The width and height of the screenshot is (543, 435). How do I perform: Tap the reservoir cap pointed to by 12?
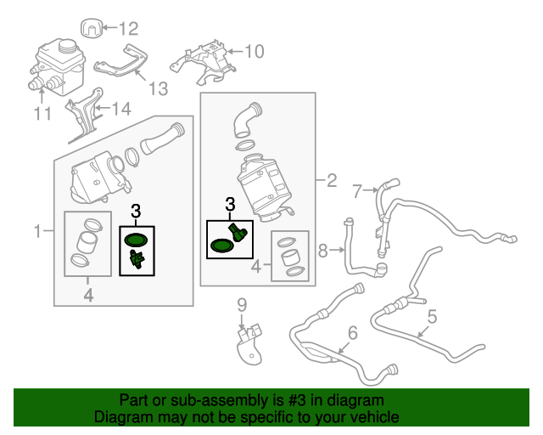(x=94, y=27)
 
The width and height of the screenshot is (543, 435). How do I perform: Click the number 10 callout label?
(x=254, y=51)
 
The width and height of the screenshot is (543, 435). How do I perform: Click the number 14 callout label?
(x=122, y=108)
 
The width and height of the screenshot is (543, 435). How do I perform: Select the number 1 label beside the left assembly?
(x=37, y=230)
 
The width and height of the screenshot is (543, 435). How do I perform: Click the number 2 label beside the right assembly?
(x=331, y=180)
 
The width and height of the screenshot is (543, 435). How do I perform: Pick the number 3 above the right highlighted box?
(x=229, y=205)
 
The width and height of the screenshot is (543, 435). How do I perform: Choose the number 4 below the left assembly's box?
(x=88, y=295)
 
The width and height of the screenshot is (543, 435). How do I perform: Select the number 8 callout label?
(x=323, y=251)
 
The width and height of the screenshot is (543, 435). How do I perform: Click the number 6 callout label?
(x=353, y=332)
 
